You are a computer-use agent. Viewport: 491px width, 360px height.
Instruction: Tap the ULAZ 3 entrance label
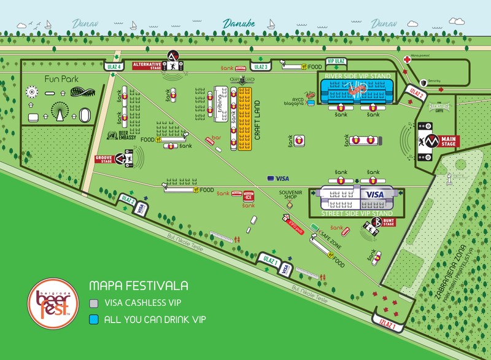tap(260, 67)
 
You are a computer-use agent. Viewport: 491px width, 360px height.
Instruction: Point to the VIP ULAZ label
tap(336, 62)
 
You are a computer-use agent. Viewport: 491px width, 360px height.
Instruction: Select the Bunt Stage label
tap(388, 221)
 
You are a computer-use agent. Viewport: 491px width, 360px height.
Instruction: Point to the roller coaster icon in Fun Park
tap(84, 92)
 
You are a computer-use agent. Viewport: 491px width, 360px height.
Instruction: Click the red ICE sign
tap(249, 197)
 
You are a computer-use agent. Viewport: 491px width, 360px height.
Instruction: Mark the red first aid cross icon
tap(407, 60)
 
